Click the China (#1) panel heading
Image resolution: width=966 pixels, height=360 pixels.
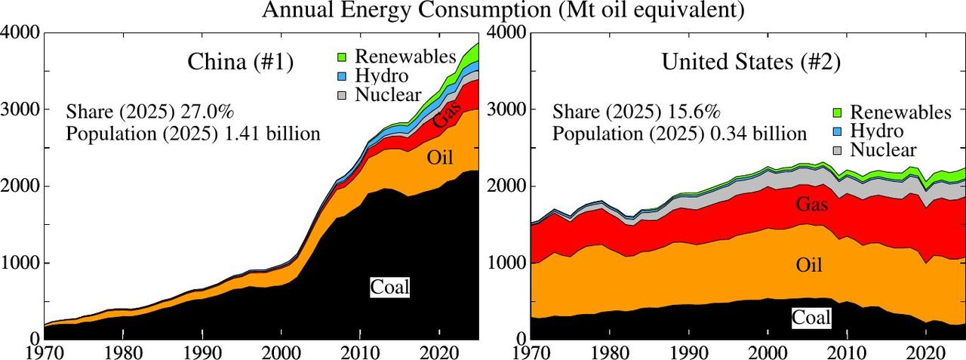(240, 62)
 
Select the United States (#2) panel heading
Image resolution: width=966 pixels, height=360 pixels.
(751, 62)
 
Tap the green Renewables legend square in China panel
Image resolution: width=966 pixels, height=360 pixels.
(342, 57)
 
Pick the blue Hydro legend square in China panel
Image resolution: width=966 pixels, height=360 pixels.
(342, 76)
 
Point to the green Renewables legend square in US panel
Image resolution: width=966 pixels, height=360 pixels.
(837, 112)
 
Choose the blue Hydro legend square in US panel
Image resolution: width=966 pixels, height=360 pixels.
(837, 131)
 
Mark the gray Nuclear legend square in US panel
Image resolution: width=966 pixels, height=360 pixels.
(837, 150)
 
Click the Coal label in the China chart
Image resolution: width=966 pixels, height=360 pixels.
(390, 287)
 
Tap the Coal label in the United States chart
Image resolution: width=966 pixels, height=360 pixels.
(811, 318)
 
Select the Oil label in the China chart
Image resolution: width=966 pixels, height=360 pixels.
(440, 158)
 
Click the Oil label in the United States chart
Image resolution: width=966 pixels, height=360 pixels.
(809, 265)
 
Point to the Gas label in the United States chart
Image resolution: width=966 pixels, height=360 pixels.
(812, 204)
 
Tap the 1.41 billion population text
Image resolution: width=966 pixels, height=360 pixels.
(273, 134)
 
